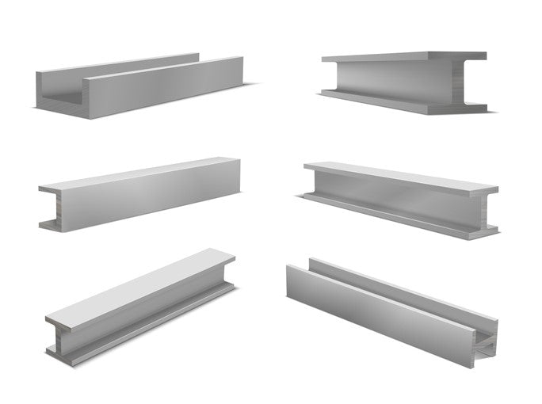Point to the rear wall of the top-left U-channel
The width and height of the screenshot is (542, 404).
click(x=119, y=68)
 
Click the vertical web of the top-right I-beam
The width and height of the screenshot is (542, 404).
click(x=388, y=80)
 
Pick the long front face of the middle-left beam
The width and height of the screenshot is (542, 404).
click(x=151, y=194)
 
